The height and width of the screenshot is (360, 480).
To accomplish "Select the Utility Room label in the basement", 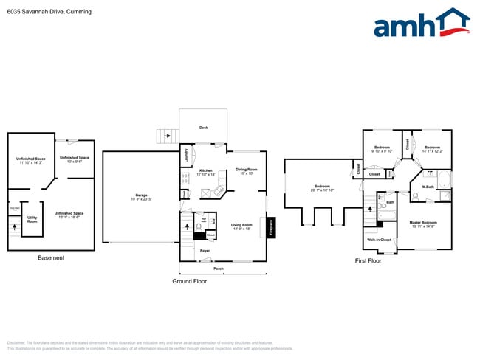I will point(32,219).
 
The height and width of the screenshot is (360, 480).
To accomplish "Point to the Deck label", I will point(203,128).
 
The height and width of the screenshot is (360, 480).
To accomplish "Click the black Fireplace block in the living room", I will point(272,227).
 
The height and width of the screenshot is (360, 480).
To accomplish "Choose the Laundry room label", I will point(185,156).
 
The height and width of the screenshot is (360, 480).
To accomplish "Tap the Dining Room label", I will point(246,170).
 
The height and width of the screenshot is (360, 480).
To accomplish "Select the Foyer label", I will point(205,251).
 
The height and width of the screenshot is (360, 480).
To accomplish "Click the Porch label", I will point(219,269).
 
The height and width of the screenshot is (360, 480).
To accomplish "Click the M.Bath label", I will point(428,187).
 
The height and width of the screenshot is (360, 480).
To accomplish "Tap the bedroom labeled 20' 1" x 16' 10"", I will point(322,187).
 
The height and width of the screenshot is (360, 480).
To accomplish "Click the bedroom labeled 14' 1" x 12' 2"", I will point(433,148).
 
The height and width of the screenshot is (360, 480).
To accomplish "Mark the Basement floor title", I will point(51,257).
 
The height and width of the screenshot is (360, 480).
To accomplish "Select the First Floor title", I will point(368,261).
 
